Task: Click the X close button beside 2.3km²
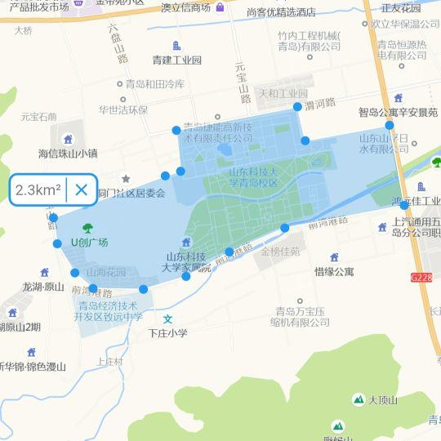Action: [x=82, y=190]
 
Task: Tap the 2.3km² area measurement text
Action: [x=38, y=190]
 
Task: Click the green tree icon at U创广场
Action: [x=87, y=228]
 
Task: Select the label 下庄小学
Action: [x=168, y=333]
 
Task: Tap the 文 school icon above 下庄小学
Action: [x=168, y=318]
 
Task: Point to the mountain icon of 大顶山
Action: [x=358, y=399]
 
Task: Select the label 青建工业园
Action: [x=176, y=60]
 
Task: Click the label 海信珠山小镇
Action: [x=68, y=153]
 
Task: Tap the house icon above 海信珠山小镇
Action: [x=68, y=137]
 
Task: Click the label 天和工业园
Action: [x=283, y=94]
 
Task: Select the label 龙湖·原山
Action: [x=43, y=287]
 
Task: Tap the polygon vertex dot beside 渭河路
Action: [x=297, y=106]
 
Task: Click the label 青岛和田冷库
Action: [x=154, y=83]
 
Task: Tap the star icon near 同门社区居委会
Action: [x=126, y=178]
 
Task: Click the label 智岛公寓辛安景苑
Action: [x=398, y=112]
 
